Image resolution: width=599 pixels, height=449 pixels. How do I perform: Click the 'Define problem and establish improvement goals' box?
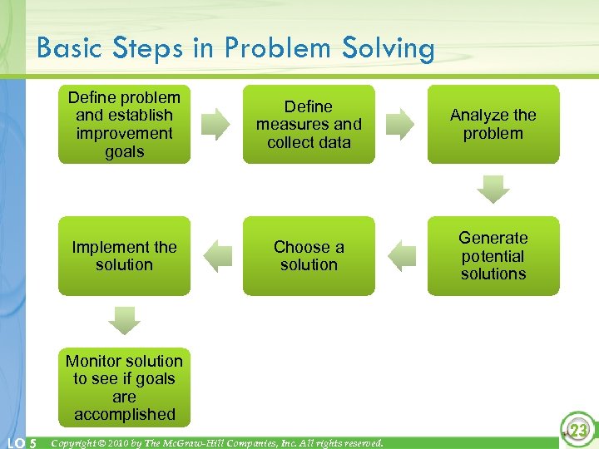(124, 124)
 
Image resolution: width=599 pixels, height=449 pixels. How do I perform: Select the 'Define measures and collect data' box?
(309, 124)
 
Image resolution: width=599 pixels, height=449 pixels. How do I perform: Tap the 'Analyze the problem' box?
(493, 124)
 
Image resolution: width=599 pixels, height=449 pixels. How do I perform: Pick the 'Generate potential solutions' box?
(493, 255)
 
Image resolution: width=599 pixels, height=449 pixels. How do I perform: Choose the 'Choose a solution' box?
(309, 255)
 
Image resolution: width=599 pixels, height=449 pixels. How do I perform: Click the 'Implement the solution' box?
(124, 255)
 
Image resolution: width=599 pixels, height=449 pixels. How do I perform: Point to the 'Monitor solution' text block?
(124, 387)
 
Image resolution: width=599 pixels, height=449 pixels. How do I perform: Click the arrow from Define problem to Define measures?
(217, 124)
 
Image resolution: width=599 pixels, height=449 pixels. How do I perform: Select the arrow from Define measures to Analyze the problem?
(401, 124)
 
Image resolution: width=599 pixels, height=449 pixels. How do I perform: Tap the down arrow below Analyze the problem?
(493, 189)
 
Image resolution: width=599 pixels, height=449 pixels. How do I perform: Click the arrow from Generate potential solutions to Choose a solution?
(401, 255)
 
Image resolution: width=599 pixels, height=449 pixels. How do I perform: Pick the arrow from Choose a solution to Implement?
(217, 255)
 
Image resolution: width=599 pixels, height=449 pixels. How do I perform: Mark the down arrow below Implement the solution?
(124, 320)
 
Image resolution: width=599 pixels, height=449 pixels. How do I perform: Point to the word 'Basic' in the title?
(69, 48)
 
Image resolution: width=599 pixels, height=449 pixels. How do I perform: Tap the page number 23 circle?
(578, 430)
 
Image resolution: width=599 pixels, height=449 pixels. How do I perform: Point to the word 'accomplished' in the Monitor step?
(124, 414)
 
